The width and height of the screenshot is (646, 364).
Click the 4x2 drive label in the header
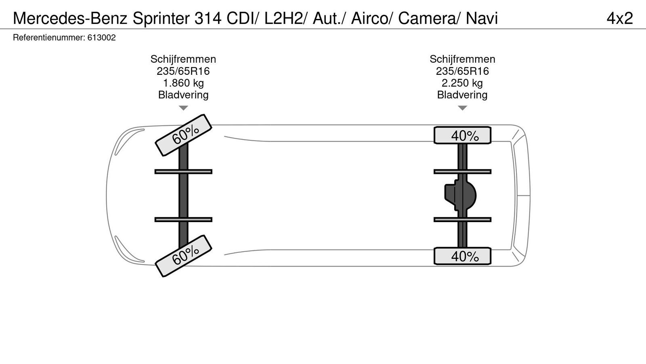(619, 19)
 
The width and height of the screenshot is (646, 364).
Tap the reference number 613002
(101, 38)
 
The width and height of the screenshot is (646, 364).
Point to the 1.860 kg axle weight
(183, 83)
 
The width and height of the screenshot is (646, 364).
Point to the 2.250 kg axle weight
(462, 83)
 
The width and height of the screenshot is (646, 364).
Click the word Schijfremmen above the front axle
(183, 59)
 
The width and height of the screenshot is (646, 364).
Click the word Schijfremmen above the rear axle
(462, 59)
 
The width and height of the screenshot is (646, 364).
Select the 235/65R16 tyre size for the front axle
(183, 71)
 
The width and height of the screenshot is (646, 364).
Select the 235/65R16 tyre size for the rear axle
(462, 71)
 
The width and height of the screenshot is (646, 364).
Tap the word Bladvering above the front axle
(183, 95)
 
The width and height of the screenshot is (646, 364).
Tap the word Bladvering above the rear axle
(462, 95)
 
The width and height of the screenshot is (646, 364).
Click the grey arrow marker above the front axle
(183, 108)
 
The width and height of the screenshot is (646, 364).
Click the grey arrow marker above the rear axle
(462, 108)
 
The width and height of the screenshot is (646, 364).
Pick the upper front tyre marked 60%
(184, 135)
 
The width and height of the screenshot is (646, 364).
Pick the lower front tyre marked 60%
(184, 256)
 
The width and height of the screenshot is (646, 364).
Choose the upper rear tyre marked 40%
(463, 135)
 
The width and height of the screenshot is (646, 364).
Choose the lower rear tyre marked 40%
(463, 256)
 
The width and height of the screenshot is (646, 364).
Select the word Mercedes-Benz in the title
(70, 19)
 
